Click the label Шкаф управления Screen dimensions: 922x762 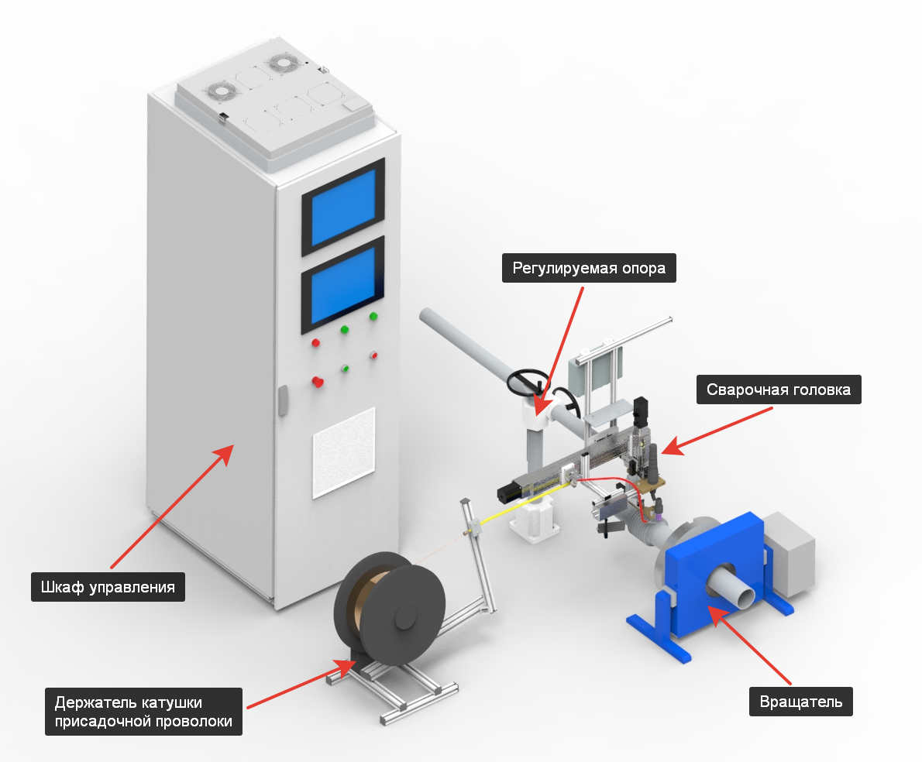coord(108,587)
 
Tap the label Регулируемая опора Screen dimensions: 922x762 coord(589,268)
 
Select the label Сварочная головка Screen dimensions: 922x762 coord(779,390)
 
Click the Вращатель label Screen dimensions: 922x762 coord(801,702)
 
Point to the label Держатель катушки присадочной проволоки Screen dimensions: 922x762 coord(143,712)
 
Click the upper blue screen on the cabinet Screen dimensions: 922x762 coord(343,208)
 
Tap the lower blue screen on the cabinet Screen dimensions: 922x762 coord(343,286)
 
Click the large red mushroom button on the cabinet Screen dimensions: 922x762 coord(318,382)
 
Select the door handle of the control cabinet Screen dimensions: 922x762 coord(283,400)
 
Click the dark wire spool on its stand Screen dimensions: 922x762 coord(390,607)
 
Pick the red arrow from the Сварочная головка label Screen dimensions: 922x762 coord(717,431)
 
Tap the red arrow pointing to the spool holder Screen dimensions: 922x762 coord(301,683)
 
